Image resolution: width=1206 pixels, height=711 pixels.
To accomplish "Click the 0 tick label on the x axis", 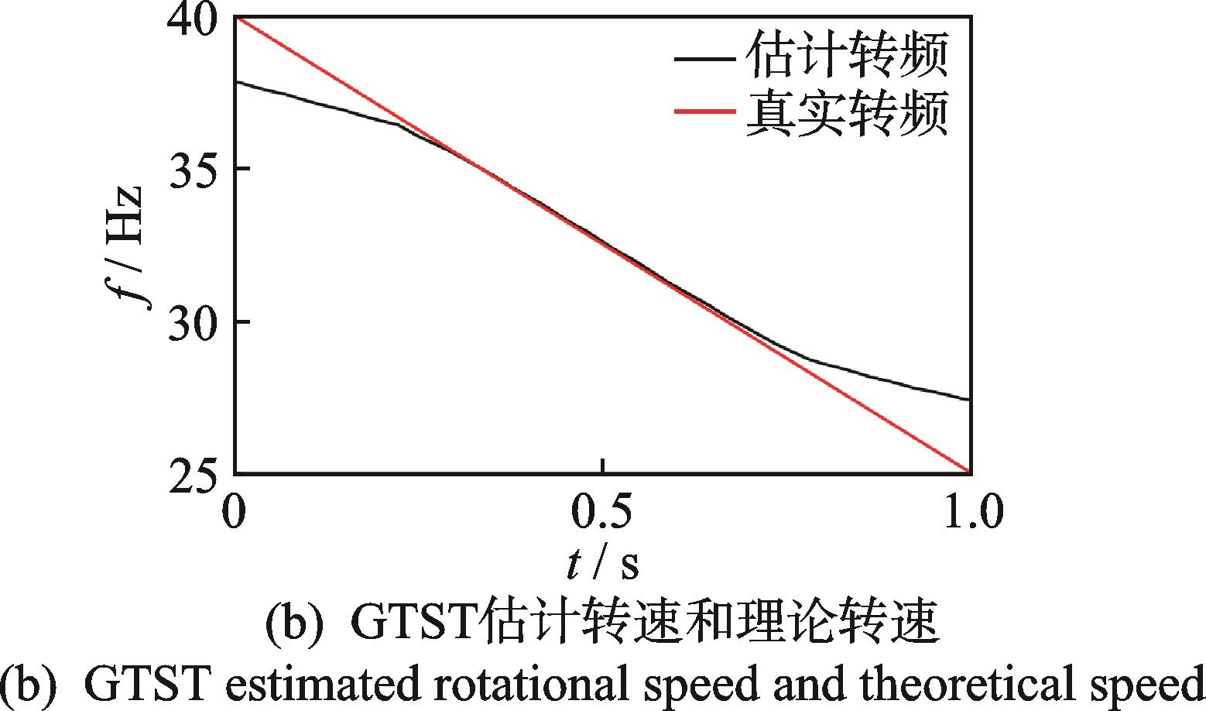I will [234, 512].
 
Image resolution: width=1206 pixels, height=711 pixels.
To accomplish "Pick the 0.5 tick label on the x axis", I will [602, 512].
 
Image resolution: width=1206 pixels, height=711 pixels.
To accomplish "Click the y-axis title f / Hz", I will [129, 246].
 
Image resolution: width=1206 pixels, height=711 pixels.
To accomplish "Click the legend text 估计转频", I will [847, 57].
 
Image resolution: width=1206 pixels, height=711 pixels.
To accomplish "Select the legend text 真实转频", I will [847, 113].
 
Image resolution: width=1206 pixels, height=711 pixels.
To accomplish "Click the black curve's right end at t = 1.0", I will [969, 400].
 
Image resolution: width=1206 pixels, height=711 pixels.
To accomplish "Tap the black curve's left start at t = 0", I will [236, 81].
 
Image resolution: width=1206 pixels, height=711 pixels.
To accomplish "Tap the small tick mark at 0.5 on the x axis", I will [602, 465].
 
